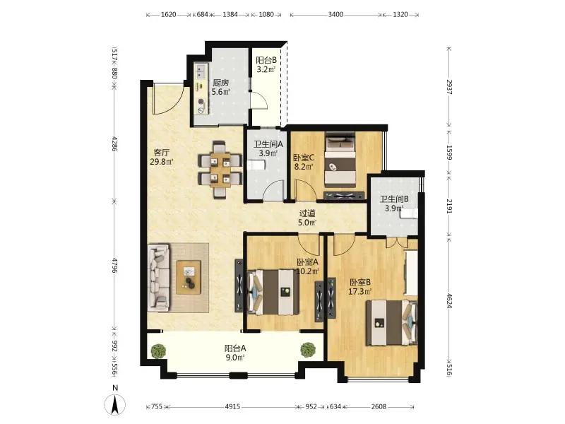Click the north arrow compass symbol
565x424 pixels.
[115, 404]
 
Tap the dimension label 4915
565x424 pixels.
[232, 407]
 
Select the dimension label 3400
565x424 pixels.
[335, 14]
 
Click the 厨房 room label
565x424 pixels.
[220, 83]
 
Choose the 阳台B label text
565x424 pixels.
[266, 60]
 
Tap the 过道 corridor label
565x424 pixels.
[307, 213]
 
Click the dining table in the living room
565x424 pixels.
[220, 169]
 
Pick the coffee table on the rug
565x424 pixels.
[188, 277]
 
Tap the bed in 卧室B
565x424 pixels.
[392, 323]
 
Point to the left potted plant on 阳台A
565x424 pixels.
[158, 351]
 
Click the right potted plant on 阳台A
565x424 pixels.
[308, 349]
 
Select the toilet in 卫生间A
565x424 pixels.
[256, 165]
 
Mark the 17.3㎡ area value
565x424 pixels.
[359, 291]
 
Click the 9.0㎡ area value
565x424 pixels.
[235, 358]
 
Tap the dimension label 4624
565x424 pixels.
[449, 300]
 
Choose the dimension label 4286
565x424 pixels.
[114, 143]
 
